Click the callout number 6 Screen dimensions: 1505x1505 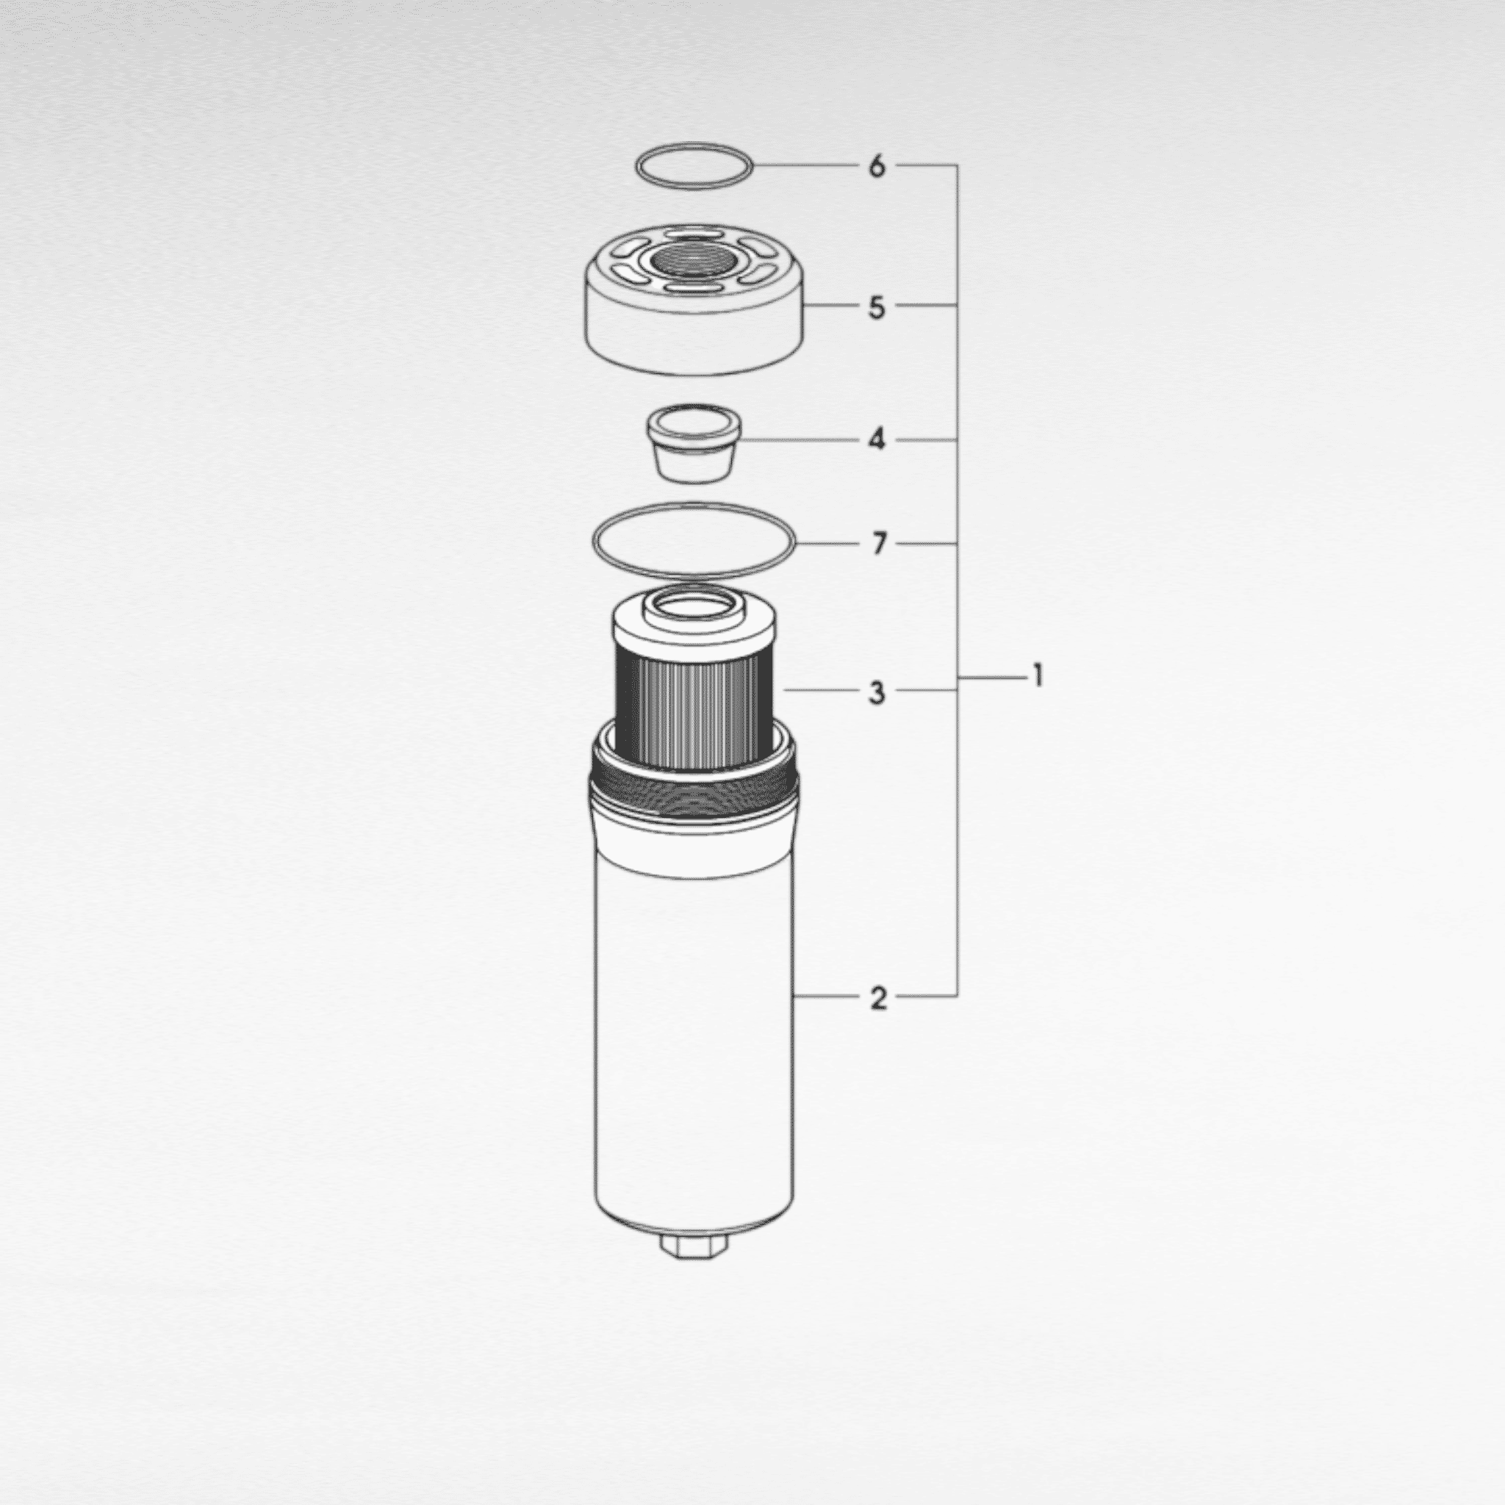click(877, 166)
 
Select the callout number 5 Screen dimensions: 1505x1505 click(877, 307)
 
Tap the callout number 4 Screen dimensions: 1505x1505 click(877, 440)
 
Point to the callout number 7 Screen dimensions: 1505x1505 click(879, 543)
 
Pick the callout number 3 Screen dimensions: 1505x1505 click(877, 692)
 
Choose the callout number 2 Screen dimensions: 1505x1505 click(878, 997)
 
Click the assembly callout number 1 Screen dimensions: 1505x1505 click(1038, 675)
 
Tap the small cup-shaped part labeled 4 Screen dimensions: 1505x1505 click(692, 444)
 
